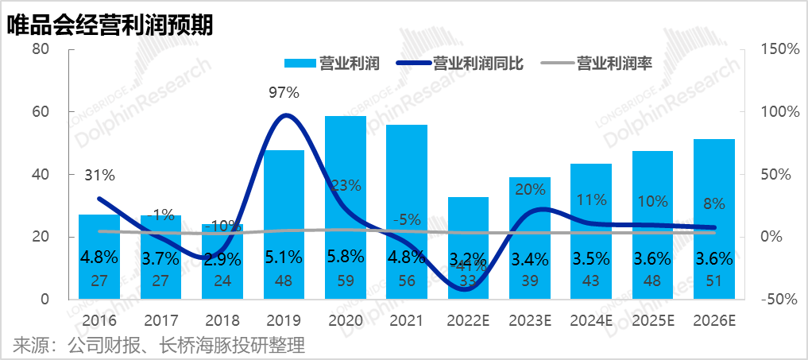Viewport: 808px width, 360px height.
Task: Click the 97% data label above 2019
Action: [284, 92]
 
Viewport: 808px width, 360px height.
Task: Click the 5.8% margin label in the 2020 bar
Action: [345, 257]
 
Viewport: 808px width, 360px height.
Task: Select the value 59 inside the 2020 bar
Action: [345, 281]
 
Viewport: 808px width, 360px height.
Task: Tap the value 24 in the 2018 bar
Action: [222, 281]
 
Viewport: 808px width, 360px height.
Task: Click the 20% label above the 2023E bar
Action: [529, 189]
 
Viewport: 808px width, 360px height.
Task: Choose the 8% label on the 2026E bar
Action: [713, 203]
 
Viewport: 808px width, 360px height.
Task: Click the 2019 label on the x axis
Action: [284, 321]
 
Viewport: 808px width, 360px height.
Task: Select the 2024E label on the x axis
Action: [590, 321]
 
